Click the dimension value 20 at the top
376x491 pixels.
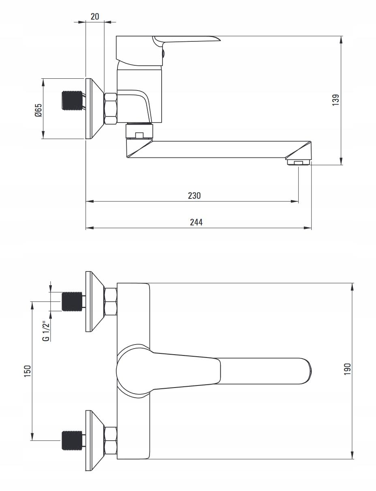click(x=95, y=16)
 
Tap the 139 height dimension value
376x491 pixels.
click(x=335, y=100)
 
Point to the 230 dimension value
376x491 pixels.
click(x=194, y=196)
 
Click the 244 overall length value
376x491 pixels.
click(x=196, y=222)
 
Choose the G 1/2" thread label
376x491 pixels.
click(x=47, y=330)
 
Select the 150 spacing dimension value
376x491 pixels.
click(x=27, y=370)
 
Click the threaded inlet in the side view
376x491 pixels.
click(x=73, y=101)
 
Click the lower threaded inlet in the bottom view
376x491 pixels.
click(x=73, y=440)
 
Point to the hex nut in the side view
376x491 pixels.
click(x=111, y=108)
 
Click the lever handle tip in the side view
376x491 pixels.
click(x=215, y=39)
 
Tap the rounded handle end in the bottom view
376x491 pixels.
click(x=308, y=370)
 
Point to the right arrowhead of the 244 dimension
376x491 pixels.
click(x=309, y=228)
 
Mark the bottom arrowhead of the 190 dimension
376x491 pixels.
click(x=352, y=455)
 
